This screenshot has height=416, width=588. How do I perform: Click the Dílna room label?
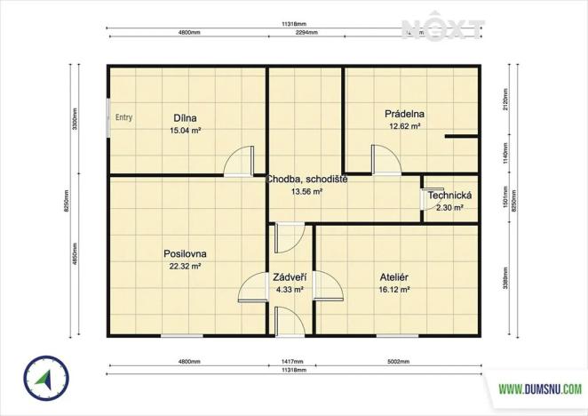tap(185, 118)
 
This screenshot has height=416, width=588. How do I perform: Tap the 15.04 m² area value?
tap(185, 131)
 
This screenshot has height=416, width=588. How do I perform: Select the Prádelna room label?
tap(404, 114)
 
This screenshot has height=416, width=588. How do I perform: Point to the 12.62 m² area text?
tap(404, 126)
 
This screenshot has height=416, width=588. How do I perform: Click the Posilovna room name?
tap(185, 253)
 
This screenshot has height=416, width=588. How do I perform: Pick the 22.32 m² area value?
tap(185, 266)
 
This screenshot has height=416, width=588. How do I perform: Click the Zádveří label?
tap(290, 276)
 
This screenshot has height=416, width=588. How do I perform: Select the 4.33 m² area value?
tap(290, 289)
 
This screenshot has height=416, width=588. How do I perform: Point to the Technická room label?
tap(449, 196)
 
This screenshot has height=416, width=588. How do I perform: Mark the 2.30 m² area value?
tap(449, 208)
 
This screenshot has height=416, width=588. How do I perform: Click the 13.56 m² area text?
tap(306, 191)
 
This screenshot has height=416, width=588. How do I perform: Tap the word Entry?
tap(123, 116)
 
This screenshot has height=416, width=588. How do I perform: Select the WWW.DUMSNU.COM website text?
tap(539, 388)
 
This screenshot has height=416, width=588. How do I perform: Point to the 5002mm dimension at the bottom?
tap(397, 362)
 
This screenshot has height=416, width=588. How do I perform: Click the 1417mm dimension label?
tap(291, 362)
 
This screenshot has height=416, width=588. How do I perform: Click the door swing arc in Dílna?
tap(236, 161)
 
